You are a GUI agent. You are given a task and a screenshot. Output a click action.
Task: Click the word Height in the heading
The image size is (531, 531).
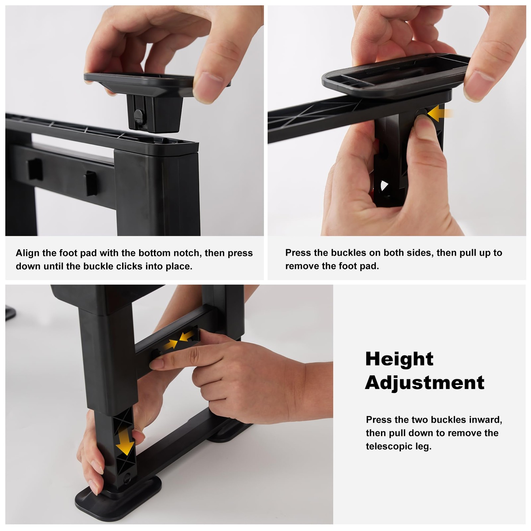tap(399, 359)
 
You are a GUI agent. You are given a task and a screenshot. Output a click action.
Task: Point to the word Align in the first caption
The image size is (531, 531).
tap(28, 253)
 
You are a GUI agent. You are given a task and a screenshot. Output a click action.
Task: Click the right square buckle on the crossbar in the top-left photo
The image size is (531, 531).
tap(90, 183)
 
